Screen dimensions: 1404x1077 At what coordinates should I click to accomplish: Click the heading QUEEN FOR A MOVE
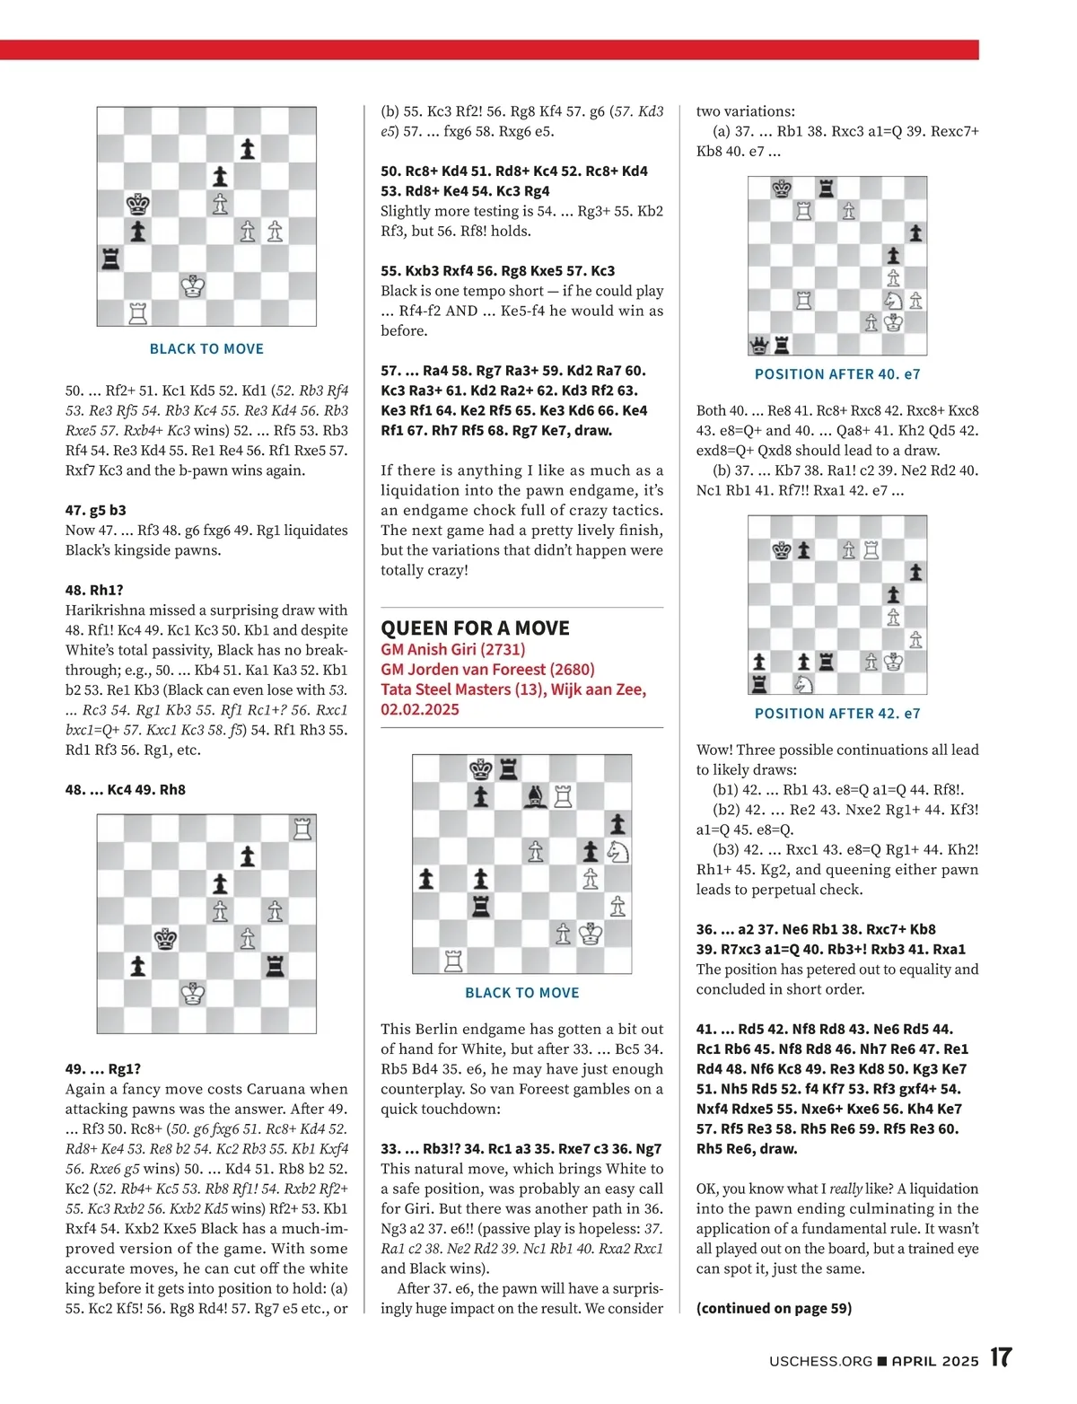click(x=475, y=628)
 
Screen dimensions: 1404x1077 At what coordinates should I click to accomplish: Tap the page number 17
click(x=1001, y=1357)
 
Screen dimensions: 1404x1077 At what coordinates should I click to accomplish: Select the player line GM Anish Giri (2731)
click(x=452, y=649)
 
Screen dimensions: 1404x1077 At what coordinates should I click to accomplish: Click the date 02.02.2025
click(x=419, y=709)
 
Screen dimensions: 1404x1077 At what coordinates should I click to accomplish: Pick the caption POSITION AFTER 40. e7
click(x=836, y=374)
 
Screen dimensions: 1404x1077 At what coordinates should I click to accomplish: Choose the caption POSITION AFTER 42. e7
click(x=836, y=714)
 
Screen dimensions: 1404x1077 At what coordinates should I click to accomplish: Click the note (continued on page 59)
click(x=774, y=1308)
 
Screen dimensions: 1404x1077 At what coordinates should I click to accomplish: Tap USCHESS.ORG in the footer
click(x=820, y=1361)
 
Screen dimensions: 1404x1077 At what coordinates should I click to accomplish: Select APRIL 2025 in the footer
click(x=934, y=1361)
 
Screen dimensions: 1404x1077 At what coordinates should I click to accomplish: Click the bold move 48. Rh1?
click(x=94, y=590)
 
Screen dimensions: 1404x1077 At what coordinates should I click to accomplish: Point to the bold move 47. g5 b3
click(x=95, y=510)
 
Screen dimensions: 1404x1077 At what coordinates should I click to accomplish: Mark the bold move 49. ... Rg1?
click(x=102, y=1068)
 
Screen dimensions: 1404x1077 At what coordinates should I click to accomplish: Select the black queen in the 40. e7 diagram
click(x=759, y=345)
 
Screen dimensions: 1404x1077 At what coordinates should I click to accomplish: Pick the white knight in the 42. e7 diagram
click(x=804, y=684)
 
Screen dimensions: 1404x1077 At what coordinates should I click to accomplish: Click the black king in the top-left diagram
click(x=137, y=204)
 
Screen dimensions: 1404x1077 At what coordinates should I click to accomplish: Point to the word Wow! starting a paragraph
click(x=714, y=750)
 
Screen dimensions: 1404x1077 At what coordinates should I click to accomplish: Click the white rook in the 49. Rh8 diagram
click(x=302, y=829)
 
